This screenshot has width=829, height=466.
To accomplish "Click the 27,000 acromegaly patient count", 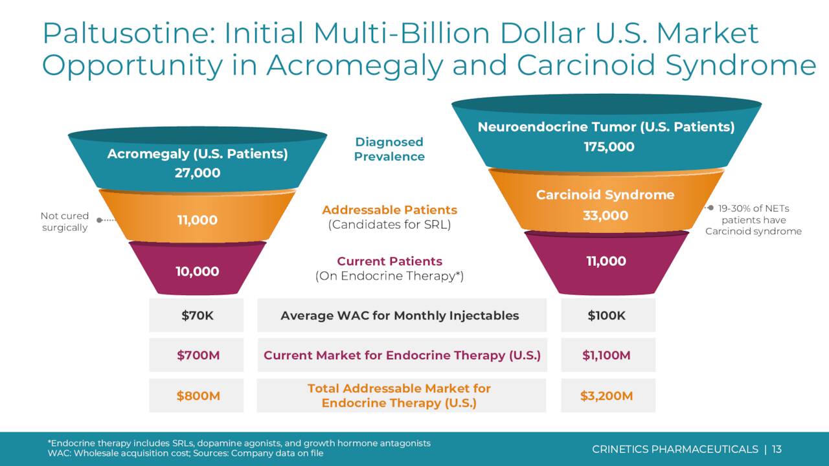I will point(197,173).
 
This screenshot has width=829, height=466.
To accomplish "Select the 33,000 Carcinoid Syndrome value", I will point(605,216).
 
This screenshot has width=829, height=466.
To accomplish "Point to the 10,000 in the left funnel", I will point(197,271).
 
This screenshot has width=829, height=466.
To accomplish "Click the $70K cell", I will point(197,315).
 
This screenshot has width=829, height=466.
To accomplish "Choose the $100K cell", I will point(607,315).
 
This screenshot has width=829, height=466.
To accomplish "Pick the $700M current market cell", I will point(197,355).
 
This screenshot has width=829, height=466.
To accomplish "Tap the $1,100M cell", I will point(607,355).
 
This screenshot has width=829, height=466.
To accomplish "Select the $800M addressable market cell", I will point(197,395).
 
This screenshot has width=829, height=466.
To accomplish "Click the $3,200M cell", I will point(607,395).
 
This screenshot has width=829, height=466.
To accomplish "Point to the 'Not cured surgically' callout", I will point(64,221).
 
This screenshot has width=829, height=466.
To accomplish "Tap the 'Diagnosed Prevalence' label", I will point(389,149).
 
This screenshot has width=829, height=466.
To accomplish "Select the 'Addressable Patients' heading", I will point(389,210).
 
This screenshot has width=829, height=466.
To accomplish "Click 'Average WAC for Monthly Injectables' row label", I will point(400,315).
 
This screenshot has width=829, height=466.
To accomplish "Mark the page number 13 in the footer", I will point(777,449).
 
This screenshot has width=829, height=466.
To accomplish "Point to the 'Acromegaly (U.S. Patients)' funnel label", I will point(197,154).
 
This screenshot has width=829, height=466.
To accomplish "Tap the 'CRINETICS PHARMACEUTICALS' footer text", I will point(675,449).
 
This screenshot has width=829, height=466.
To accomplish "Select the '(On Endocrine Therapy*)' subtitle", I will point(389,276).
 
